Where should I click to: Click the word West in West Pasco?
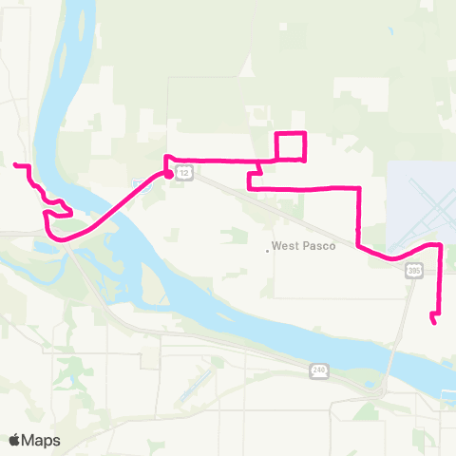point(285,245)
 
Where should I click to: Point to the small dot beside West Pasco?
point(267,251)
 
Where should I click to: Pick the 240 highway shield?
point(317,369)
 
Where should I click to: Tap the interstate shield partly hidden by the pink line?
point(139,180)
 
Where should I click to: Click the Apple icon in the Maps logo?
point(15,440)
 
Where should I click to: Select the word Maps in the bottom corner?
point(41,440)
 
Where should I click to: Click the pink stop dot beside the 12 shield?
point(168,174)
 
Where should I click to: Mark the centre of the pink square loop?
point(290,145)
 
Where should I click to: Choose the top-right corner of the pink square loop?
point(304,132)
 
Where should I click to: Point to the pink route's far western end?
point(15,166)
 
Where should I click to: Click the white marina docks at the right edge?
point(447,391)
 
